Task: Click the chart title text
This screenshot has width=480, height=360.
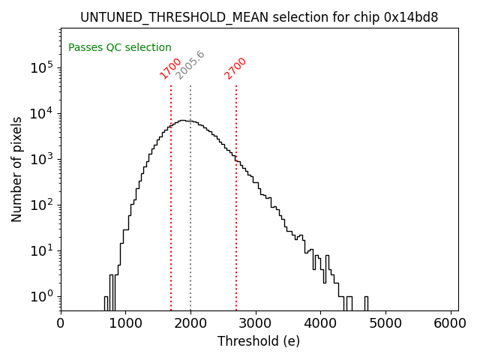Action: pyautogui.click(x=259, y=17)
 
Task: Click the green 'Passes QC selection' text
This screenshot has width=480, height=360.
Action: pyautogui.click(x=120, y=47)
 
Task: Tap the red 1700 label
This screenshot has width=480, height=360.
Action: pyautogui.click(x=171, y=67)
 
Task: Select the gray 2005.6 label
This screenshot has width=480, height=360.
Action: pyautogui.click(x=190, y=65)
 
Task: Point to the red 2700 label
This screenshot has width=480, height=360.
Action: pyautogui.click(x=235, y=67)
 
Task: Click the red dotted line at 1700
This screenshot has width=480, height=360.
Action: pyautogui.click(x=171, y=195)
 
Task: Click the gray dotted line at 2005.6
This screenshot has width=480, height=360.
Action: pyautogui.click(x=190, y=195)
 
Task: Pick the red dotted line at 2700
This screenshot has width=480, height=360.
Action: pyautogui.click(x=236, y=195)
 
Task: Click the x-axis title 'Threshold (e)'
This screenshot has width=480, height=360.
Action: pyautogui.click(x=259, y=341)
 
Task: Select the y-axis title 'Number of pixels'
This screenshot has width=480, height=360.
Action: pyautogui.click(x=17, y=169)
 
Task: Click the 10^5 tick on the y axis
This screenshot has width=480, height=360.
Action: pyautogui.click(x=42, y=67)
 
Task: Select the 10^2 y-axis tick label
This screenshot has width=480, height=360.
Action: pyautogui.click(x=42, y=204)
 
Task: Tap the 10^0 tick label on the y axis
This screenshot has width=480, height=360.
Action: pyautogui.click(x=42, y=295)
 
